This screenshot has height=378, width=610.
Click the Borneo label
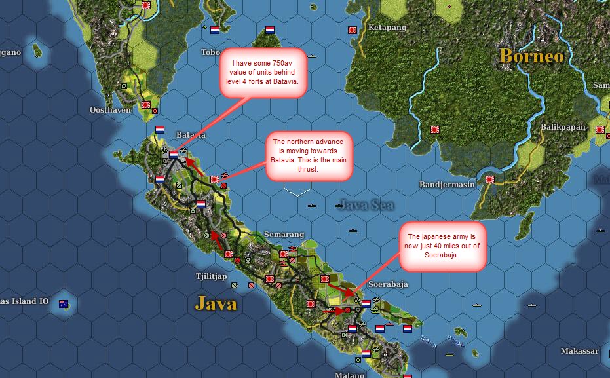click(531, 56)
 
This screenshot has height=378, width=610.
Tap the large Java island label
click(216, 303)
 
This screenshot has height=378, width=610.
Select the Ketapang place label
click(387, 28)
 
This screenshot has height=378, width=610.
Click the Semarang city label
click(284, 234)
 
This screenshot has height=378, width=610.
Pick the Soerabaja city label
click(389, 284)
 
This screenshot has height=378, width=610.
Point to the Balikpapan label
click(563, 126)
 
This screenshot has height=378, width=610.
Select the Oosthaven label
click(110, 110)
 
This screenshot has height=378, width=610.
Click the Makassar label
click(579, 351)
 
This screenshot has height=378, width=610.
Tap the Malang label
click(350, 374)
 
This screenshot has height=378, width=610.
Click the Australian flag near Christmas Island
click(64, 303)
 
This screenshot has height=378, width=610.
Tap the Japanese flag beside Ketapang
click(352, 29)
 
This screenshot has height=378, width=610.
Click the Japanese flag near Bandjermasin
click(489, 178)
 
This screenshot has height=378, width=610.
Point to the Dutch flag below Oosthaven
click(161, 129)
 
